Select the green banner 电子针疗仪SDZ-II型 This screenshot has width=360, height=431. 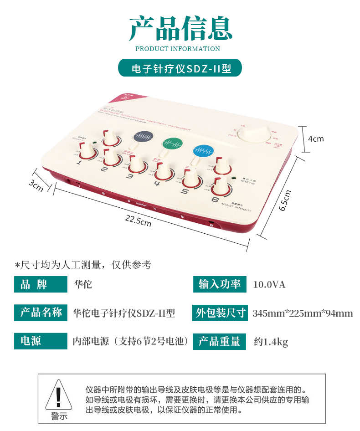click(180, 68)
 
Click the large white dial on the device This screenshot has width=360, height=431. click(254, 133)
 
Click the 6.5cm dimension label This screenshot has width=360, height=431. click(284, 200)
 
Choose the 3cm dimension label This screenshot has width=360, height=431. click(36, 185)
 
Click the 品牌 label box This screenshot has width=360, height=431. click(41, 285)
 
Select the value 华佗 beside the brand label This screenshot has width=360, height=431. click(83, 285)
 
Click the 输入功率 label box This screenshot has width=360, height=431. click(220, 284)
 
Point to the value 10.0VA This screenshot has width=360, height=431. click(269, 285)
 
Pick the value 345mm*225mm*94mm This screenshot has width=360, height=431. click(303, 313)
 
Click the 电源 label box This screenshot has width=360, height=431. click(41, 341)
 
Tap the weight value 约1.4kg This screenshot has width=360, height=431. click(271, 342)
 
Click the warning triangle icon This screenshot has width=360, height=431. click(58, 395)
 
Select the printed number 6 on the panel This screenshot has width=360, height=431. click(215, 199)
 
